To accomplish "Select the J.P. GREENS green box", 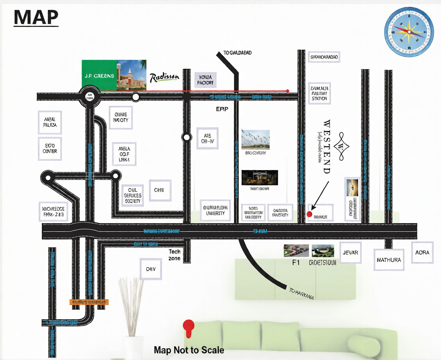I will point(99,76).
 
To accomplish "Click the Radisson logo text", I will point(164,78).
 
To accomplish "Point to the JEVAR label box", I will point(350,253).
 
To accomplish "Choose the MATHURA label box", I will point(389,260).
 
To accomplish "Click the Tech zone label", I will point(174,255).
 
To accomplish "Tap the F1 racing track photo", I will point(296,250).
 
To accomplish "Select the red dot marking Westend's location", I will point(309,214).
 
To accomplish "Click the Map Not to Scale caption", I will point(189,350).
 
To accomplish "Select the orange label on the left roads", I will point(89,302).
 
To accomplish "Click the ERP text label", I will point(222,110).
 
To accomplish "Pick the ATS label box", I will point(207,138).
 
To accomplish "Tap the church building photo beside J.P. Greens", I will point(132,76).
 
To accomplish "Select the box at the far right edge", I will point(422,252).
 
